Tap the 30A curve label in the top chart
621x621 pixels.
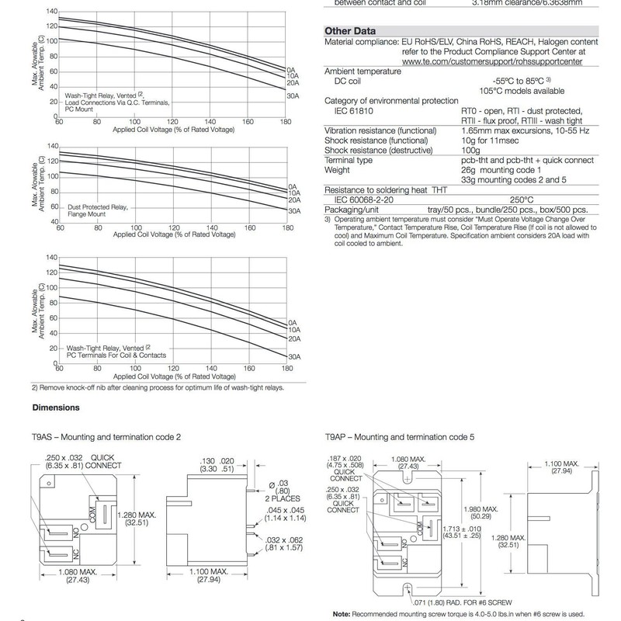pos(293,95)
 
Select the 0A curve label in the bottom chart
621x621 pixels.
pos(293,322)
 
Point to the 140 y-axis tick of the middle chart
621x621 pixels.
pos(52,146)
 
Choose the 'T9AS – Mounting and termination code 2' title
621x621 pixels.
pos(106,438)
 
